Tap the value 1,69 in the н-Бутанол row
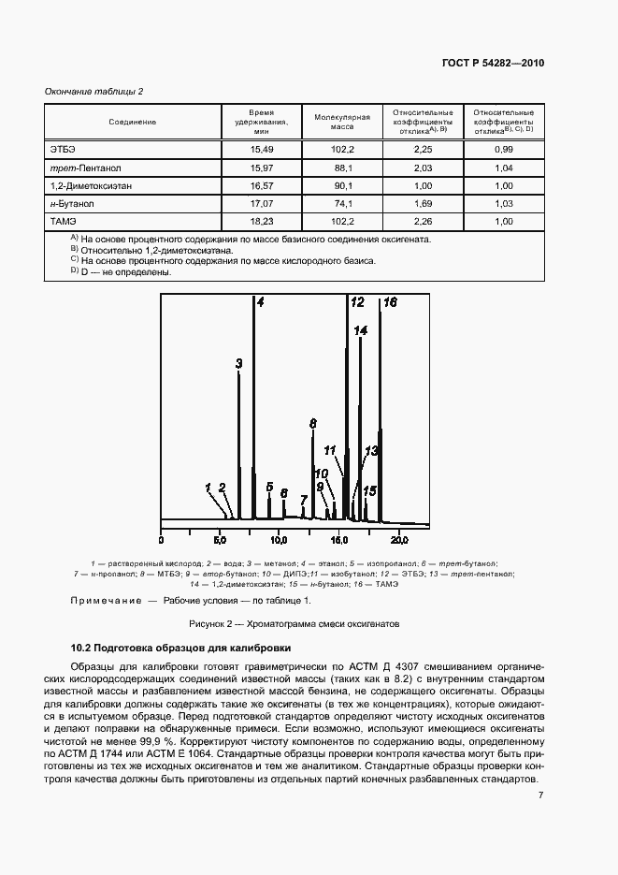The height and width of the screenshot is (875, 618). pyautogui.click(x=423, y=204)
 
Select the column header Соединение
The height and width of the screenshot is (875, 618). pyautogui.click(x=132, y=123)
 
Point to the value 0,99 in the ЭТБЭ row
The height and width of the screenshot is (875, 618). pyautogui.click(x=504, y=150)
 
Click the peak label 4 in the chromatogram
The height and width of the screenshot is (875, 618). pyautogui.click(x=260, y=302)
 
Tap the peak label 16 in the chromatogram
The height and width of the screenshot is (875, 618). pyautogui.click(x=390, y=302)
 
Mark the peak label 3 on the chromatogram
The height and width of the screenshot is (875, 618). pyautogui.click(x=238, y=363)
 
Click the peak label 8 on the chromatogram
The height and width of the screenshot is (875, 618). pyautogui.click(x=313, y=423)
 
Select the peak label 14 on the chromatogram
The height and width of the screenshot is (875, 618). pyautogui.click(x=361, y=330)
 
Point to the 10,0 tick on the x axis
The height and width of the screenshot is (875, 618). pyautogui.click(x=280, y=540)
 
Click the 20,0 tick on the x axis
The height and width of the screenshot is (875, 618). pyautogui.click(x=398, y=540)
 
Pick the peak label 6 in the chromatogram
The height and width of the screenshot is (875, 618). pyautogui.click(x=283, y=492)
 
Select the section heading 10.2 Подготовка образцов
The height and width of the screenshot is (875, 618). pyautogui.click(x=181, y=648)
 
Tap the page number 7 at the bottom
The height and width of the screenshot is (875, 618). pyautogui.click(x=541, y=795)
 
